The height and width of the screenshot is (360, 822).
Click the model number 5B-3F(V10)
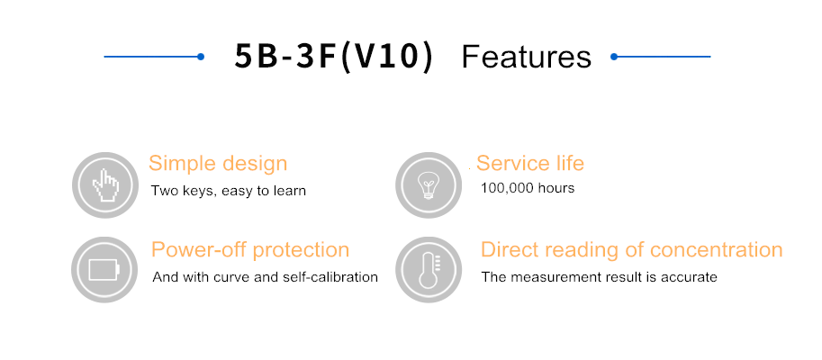click(x=334, y=56)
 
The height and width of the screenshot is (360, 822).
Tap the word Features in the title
click(x=527, y=57)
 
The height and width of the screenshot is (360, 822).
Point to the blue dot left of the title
click(x=201, y=57)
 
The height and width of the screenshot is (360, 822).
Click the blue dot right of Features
click(x=614, y=57)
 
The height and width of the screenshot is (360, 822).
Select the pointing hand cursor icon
click(x=105, y=185)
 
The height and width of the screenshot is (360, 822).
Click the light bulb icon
click(x=429, y=185)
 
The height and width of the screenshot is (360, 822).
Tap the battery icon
click(x=104, y=270)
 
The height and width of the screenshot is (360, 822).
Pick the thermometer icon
click(x=429, y=270)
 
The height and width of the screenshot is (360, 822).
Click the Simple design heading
click(x=218, y=164)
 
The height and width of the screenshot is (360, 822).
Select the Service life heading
click(x=530, y=163)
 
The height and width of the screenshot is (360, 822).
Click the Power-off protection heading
click(x=250, y=249)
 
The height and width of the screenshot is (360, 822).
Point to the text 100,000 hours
click(x=528, y=188)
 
